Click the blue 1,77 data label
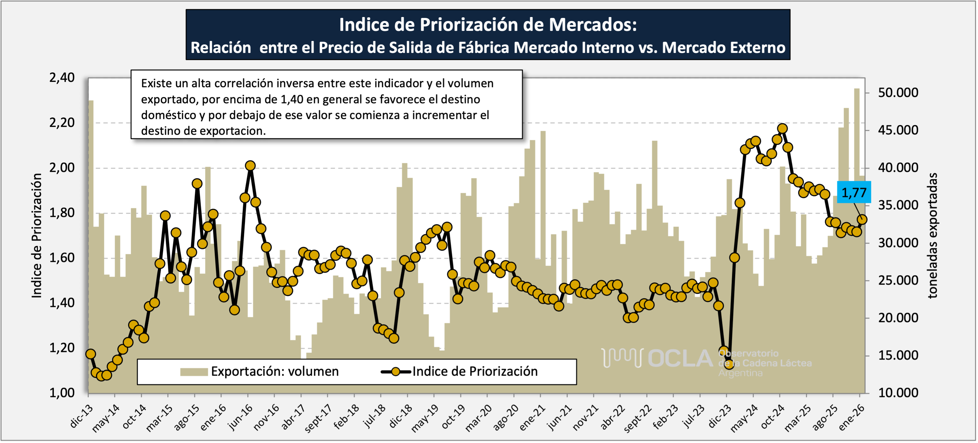pyautogui.click(x=854, y=192)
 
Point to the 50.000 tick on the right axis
pyautogui.click(x=898, y=93)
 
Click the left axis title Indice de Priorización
pyautogui.click(x=37, y=236)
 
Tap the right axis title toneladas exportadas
pyautogui.click(x=932, y=236)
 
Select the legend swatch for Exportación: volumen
pyautogui.click(x=194, y=372)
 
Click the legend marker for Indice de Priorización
pyautogui.click(x=396, y=372)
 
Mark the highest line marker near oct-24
pyautogui.click(x=782, y=129)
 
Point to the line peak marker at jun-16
pyautogui.click(x=250, y=166)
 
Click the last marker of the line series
pyautogui.click(x=862, y=219)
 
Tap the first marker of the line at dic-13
pyautogui.click(x=90, y=354)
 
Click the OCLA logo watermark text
pyautogui.click(x=680, y=359)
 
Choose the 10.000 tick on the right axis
pyautogui.click(x=898, y=393)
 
